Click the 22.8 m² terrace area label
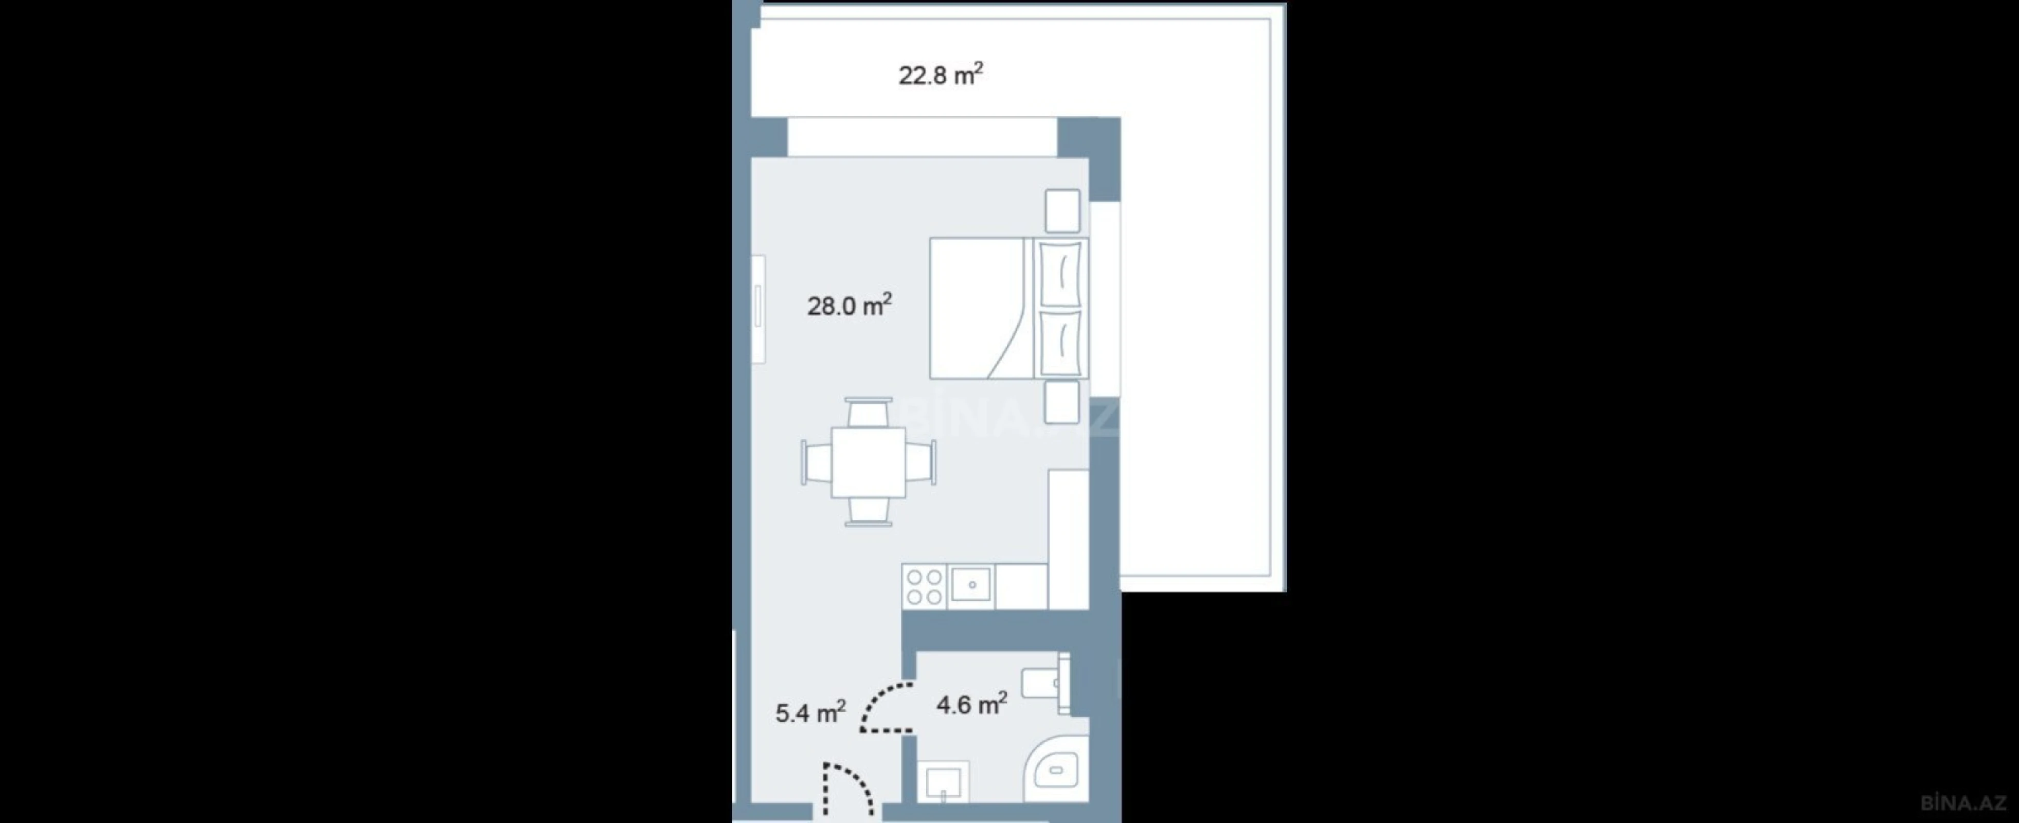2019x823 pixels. click(x=940, y=75)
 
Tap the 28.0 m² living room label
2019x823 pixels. click(x=849, y=305)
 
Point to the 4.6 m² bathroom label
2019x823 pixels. click(x=971, y=704)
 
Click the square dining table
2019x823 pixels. click(x=869, y=462)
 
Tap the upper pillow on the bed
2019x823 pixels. click(x=1060, y=274)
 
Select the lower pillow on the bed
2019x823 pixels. click(x=1060, y=343)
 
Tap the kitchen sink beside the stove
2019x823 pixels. click(x=970, y=585)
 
